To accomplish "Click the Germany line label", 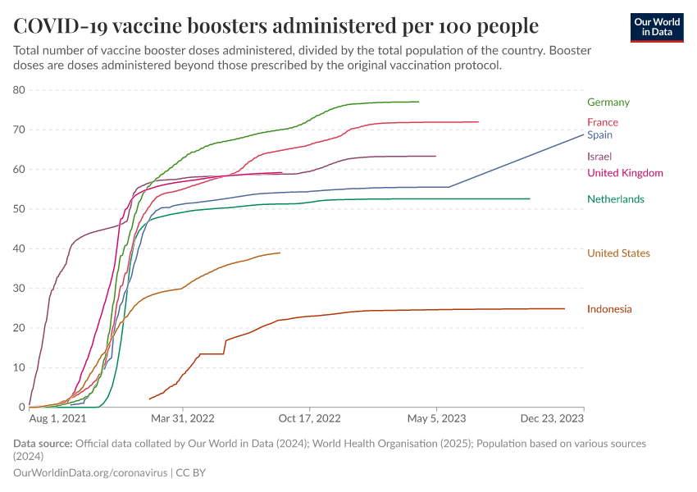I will pyautogui.click(x=608, y=102).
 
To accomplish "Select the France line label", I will pyautogui.click(x=602, y=122).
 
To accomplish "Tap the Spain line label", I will pyautogui.click(x=599, y=134).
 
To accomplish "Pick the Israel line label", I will pyautogui.click(x=599, y=157).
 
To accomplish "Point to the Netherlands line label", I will pyautogui.click(x=615, y=199).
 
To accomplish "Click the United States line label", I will pyautogui.click(x=618, y=253).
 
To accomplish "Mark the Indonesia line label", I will pyautogui.click(x=609, y=309).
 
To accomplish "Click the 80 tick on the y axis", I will pyautogui.click(x=19, y=90).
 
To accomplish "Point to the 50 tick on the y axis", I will pyautogui.click(x=19, y=209).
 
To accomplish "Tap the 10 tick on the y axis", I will pyautogui.click(x=19, y=367).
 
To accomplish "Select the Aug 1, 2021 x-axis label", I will pyautogui.click(x=57, y=419).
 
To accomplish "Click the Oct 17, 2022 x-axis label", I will pyautogui.click(x=310, y=419).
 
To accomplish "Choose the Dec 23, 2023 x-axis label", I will pyautogui.click(x=555, y=419).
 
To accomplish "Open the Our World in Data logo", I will pyautogui.click(x=656, y=27).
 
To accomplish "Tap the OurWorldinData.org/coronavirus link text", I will pyautogui.click(x=90, y=473).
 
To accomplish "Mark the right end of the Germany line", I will pyautogui.click(x=418, y=102).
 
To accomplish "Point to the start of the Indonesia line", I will pyautogui.click(x=149, y=399).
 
